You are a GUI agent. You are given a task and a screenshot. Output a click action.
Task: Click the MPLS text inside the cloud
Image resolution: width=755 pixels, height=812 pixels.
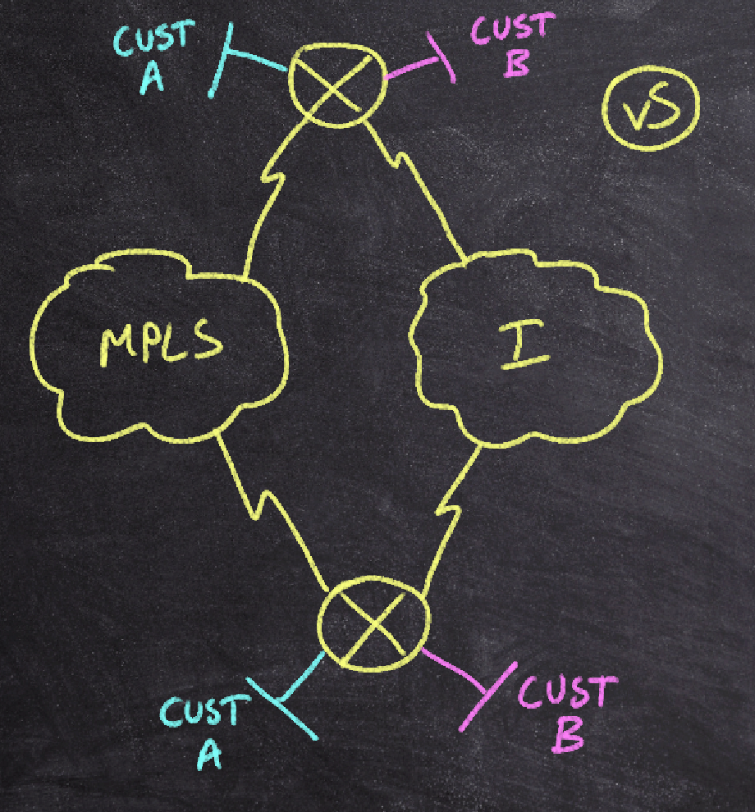pyautogui.click(x=161, y=344)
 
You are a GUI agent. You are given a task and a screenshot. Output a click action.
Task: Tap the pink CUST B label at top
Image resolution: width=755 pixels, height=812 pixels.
pyautogui.click(x=509, y=44)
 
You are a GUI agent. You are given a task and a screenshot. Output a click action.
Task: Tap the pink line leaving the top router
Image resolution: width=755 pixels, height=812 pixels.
pyautogui.click(x=414, y=70)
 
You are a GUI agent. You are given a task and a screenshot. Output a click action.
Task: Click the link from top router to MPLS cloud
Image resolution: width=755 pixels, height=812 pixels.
pyautogui.click(x=271, y=197)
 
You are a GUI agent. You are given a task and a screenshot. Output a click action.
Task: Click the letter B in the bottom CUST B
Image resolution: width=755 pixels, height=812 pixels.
pyautogui.click(x=568, y=734)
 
